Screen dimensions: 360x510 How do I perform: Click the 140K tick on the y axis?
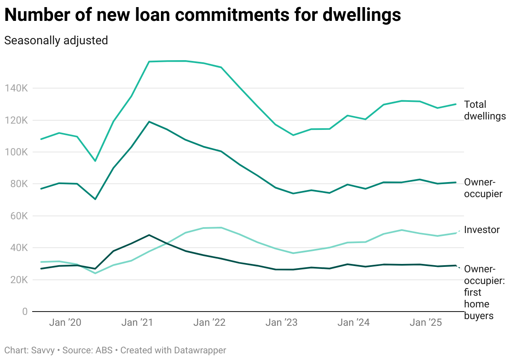point(16,89)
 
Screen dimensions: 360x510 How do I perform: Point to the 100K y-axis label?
point(16,152)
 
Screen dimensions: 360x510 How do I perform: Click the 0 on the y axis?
point(25,312)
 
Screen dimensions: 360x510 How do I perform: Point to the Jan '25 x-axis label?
point(423,323)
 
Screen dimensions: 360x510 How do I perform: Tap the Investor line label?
point(482,230)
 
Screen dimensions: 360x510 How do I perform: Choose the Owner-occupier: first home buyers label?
point(484,292)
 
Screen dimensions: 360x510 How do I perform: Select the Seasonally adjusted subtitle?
point(56,41)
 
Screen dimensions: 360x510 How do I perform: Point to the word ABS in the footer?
point(104,350)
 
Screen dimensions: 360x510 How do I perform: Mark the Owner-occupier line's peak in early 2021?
point(149,122)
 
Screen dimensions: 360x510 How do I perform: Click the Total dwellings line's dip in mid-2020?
point(95,161)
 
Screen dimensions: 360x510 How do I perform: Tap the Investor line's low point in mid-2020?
point(95,273)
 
